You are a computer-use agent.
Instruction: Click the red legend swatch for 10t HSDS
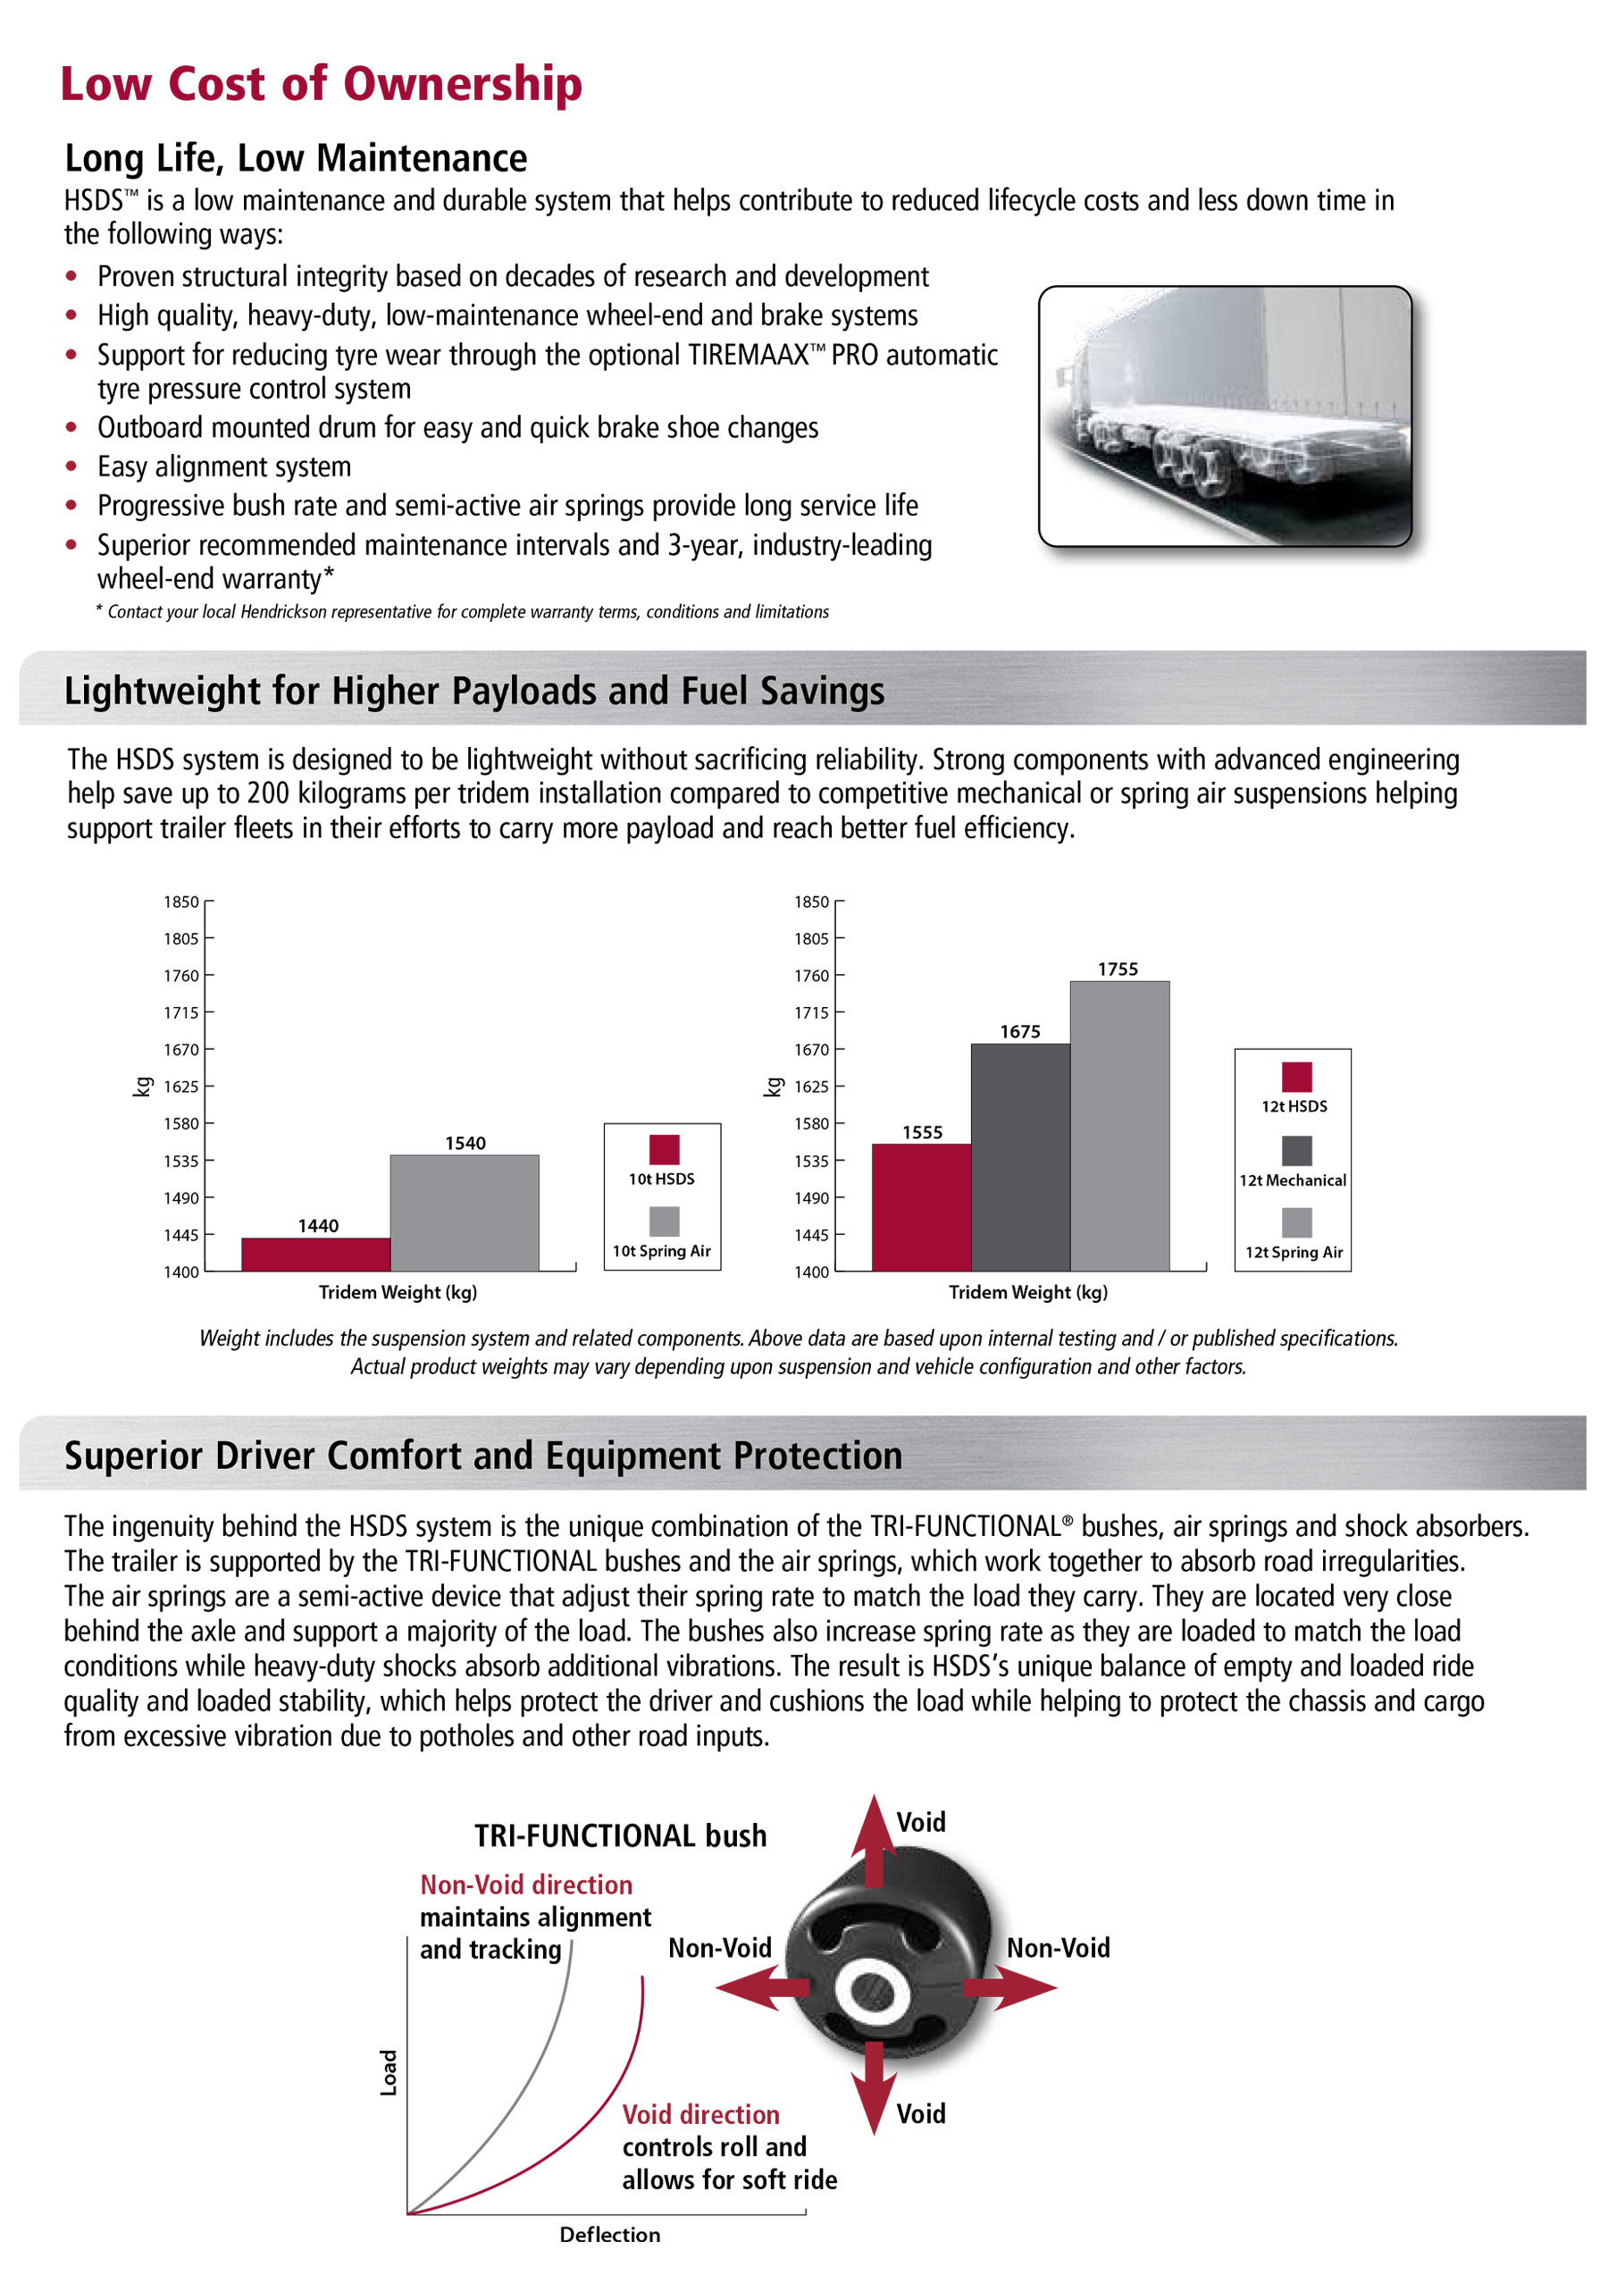(x=664, y=1149)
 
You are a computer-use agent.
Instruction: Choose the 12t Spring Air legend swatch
(x=1296, y=1221)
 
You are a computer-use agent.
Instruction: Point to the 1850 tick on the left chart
(x=181, y=902)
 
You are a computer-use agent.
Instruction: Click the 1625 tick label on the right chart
(x=810, y=1087)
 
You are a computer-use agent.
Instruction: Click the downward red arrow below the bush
(x=873, y=2085)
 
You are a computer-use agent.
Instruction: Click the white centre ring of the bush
(x=869, y=1986)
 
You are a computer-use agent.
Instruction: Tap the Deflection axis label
(x=609, y=2235)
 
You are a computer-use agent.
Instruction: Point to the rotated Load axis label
(x=389, y=2072)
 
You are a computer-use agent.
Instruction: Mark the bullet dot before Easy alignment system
(x=71, y=466)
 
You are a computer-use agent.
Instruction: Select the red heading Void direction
(x=700, y=2114)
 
